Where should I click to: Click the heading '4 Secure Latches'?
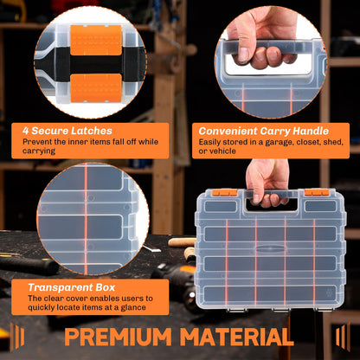click(67, 131)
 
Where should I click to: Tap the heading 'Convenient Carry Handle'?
click(264, 132)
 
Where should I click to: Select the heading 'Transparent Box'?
click(72, 287)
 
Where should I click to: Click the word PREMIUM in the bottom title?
click(118, 337)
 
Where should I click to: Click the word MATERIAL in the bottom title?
click(236, 337)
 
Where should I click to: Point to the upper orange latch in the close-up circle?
click(96, 40)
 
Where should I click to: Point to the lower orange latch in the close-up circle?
click(96, 88)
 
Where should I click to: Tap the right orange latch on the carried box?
click(317, 192)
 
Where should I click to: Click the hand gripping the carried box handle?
click(267, 183)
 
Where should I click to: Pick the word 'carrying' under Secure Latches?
click(39, 151)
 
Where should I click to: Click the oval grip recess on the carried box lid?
click(270, 249)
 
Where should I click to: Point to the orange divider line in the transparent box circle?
click(86, 219)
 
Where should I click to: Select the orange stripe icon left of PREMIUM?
click(17, 337)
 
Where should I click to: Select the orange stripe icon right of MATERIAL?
click(343, 337)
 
